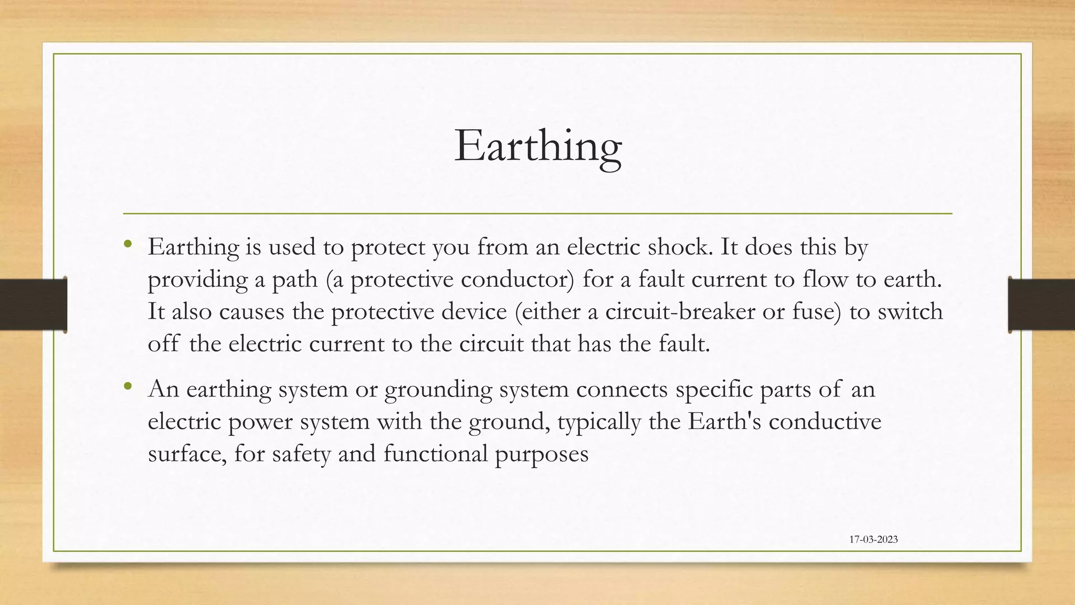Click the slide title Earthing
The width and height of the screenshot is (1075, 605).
(x=537, y=145)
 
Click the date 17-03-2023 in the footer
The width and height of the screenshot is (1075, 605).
(x=873, y=539)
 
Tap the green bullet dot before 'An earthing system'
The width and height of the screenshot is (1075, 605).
(x=128, y=387)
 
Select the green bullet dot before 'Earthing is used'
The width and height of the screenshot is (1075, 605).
(x=128, y=244)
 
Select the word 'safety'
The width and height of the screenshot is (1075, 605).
(x=301, y=454)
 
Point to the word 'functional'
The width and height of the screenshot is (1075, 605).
(x=436, y=453)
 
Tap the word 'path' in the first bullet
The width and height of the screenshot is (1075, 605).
(x=294, y=279)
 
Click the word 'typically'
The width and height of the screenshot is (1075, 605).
(x=599, y=422)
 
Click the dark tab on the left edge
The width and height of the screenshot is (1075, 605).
(x=33, y=305)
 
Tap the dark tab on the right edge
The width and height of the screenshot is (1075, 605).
(x=1041, y=305)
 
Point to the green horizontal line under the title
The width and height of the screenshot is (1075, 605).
(x=537, y=214)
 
